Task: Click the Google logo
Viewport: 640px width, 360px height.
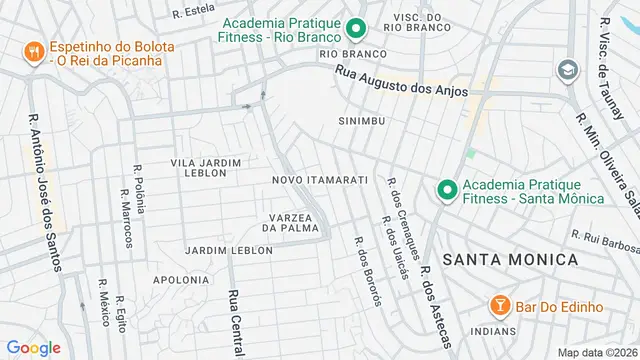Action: tap(33, 348)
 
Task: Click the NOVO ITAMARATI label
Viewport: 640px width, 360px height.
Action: tap(320, 180)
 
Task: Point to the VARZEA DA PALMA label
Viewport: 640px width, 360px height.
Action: tap(295, 222)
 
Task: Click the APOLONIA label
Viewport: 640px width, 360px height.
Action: tap(180, 280)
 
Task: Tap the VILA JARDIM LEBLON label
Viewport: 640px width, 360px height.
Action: tap(206, 167)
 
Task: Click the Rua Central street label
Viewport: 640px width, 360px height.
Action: tap(236, 322)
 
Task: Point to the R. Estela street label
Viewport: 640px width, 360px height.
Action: tap(193, 12)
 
